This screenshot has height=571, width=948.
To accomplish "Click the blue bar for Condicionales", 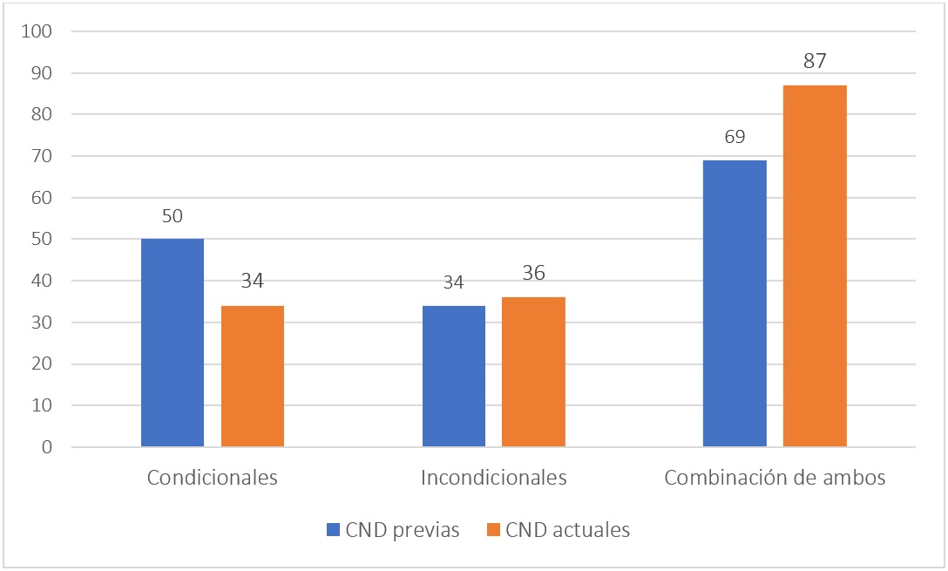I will tap(173, 343).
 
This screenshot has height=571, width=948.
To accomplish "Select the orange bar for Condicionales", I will tap(253, 376).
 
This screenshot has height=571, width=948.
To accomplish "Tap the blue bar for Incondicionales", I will tap(454, 376).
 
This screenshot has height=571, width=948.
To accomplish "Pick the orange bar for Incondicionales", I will tap(533, 371).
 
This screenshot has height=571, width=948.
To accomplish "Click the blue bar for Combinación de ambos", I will tap(735, 303).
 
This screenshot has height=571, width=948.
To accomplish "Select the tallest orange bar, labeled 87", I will tap(815, 266).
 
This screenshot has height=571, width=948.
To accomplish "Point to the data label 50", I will tap(173, 216).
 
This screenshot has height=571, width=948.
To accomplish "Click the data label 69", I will tap(735, 138).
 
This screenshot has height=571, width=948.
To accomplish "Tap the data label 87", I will tap(815, 62).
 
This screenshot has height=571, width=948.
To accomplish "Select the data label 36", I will tap(533, 274).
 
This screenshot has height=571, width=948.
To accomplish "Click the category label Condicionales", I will tap(213, 478).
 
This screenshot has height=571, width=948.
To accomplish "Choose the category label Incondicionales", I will tap(494, 478).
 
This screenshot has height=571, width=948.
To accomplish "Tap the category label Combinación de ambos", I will tap(775, 478).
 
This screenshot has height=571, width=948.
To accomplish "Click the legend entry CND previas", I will tap(402, 530).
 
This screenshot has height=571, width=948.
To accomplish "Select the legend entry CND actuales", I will tap(567, 530).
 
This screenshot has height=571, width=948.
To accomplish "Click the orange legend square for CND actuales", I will tap(494, 530).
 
